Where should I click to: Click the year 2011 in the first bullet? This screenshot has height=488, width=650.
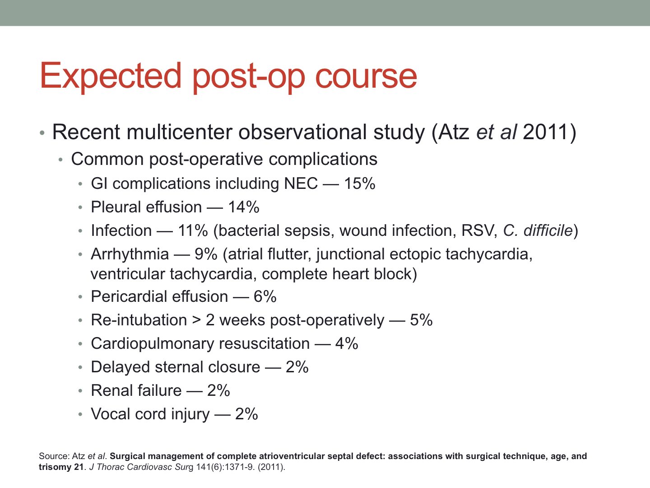[x=545, y=131]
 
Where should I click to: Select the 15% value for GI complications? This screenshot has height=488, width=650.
[x=360, y=183]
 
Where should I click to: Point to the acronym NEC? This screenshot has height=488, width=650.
[x=301, y=183]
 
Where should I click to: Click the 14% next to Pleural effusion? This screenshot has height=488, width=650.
[x=244, y=207]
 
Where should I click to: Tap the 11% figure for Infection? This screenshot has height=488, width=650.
[x=193, y=230]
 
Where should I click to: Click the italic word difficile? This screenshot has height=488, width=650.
[x=548, y=230]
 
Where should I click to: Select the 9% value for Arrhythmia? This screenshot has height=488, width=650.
[x=206, y=254]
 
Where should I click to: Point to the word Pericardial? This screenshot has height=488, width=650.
[x=129, y=296]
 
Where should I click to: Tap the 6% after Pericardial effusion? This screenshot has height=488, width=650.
[x=265, y=296]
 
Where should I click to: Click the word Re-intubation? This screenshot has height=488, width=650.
[x=139, y=320]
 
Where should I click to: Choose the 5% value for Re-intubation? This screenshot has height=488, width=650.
[x=422, y=320]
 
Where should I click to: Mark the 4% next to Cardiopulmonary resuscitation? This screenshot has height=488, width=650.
[x=347, y=344]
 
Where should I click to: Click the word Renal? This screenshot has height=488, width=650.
[x=111, y=390]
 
